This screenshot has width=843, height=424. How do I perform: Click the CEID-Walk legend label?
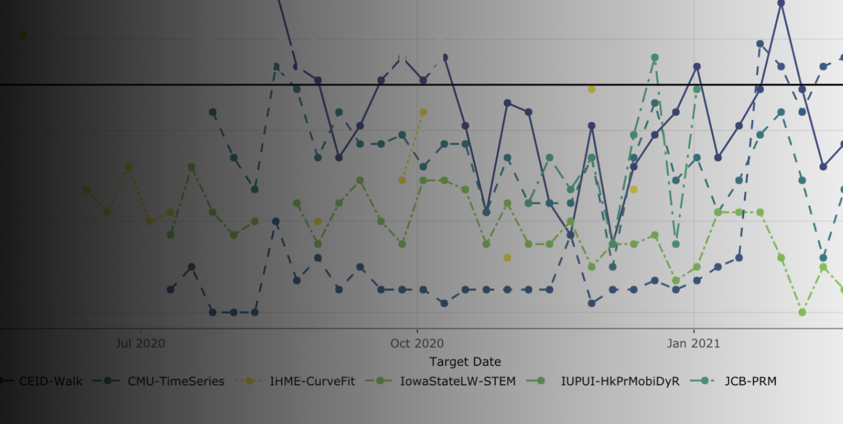point(51,381)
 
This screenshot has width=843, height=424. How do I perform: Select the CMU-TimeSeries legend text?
point(176,381)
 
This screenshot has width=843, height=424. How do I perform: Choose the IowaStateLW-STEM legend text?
point(458,381)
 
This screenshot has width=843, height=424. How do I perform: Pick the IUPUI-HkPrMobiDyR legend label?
point(621,381)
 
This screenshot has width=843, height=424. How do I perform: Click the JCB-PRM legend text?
point(751,381)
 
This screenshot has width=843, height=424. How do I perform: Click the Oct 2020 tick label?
point(417,343)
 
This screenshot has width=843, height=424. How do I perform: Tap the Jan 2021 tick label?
point(694,343)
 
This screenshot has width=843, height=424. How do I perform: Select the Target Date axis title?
point(465,361)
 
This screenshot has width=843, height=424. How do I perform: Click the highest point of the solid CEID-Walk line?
point(781,3)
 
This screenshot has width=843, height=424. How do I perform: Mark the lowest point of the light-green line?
point(802,312)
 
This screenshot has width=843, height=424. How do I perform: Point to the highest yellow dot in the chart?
point(23,35)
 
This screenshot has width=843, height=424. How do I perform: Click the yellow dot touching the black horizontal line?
point(591,89)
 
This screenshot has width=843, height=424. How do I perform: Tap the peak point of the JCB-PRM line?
point(654,57)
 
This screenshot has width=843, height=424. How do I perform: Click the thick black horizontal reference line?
point(351,85)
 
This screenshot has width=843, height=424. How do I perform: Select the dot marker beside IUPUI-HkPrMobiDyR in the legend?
point(541,381)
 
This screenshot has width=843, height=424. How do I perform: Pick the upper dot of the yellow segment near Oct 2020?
point(423,112)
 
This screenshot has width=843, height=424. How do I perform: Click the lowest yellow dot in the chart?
point(507,258)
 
